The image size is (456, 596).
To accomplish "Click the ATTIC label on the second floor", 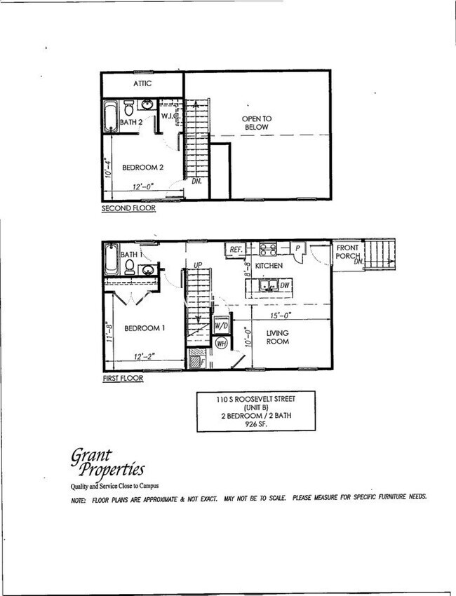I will (x=142, y=83).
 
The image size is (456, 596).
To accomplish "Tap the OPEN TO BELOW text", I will (x=257, y=123).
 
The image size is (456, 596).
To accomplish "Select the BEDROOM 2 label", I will (x=142, y=168).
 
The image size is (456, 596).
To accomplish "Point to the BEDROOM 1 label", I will (x=145, y=328).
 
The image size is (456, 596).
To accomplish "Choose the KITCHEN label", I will (x=268, y=266).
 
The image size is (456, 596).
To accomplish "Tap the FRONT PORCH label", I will (x=348, y=252).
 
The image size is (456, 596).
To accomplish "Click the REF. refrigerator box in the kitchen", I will (x=234, y=248).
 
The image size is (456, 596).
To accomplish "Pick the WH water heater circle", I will (x=221, y=343).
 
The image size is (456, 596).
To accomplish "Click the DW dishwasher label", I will (x=284, y=285).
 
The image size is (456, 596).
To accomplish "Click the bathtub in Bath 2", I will (x=111, y=117).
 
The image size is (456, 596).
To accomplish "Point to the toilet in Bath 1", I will (x=129, y=266).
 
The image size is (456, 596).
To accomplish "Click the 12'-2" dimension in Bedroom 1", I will (x=144, y=356).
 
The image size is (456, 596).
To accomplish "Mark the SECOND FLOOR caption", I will (x=128, y=208).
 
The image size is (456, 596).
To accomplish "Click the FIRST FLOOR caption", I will (x=122, y=379).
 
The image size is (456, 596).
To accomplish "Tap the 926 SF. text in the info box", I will (x=256, y=424).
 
